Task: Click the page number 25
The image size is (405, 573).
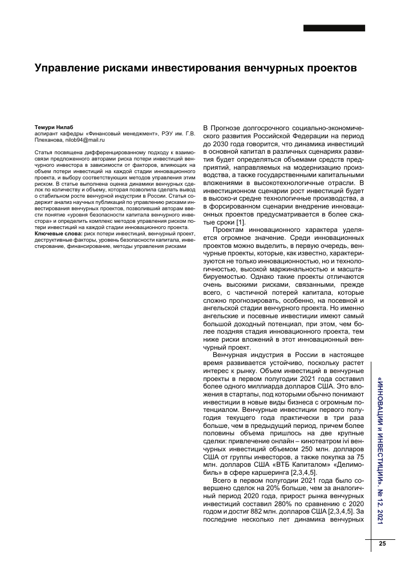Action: pyautogui.click(x=382, y=543)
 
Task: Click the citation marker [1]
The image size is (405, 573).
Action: pyautogui.click(x=241, y=222)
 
